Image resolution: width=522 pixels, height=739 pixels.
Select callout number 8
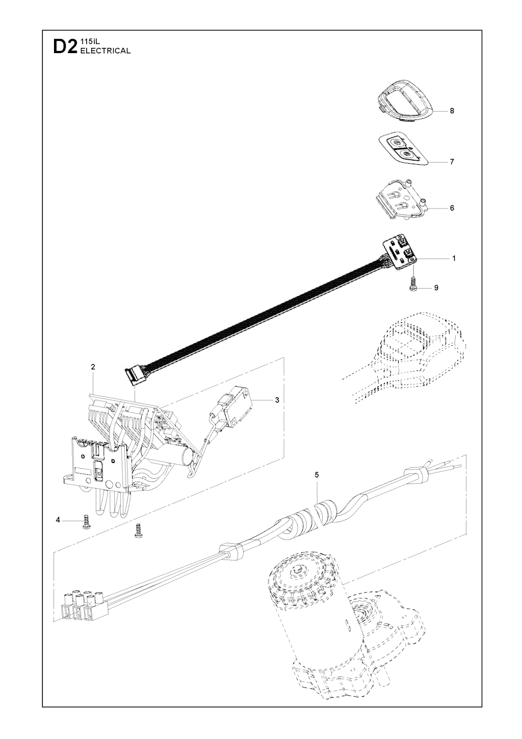[x=452, y=111]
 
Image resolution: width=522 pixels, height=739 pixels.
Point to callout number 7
[x=452, y=162]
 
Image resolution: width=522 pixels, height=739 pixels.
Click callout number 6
[x=452, y=208]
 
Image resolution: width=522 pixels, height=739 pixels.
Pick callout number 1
[x=454, y=259]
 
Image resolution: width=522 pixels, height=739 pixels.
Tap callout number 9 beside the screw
[x=436, y=288]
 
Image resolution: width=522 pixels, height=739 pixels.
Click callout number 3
[x=277, y=400]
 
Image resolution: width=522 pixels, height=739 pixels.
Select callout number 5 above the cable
[x=317, y=475]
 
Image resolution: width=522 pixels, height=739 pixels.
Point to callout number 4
[x=58, y=520]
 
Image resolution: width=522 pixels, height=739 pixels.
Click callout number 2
[x=93, y=367]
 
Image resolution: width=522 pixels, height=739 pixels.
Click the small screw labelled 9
[x=412, y=285]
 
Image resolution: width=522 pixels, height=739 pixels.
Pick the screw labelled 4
[x=87, y=522]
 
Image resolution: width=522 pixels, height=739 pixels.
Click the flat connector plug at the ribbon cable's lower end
[x=135, y=377]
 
